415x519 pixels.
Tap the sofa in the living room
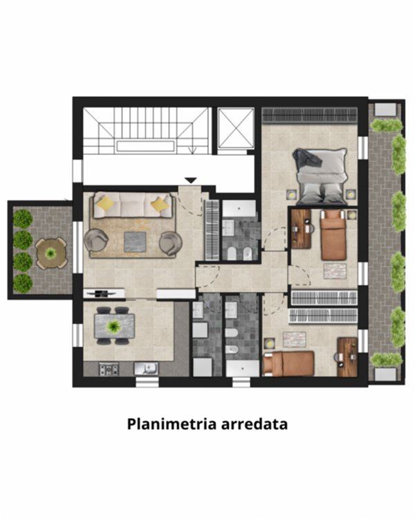tap(133, 205)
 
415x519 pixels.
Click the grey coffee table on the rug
tap(135, 242)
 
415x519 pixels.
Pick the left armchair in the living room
tap(96, 241)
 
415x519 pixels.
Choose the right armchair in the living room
tap(170, 243)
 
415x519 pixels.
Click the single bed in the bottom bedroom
tap(290, 363)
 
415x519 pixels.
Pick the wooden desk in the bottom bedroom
tap(347, 356)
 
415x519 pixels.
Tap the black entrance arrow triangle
tap(192, 181)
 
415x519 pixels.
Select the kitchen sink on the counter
tap(147, 368)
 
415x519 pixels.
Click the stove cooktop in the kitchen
tap(109, 369)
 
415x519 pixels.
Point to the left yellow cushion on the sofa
tap(105, 203)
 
